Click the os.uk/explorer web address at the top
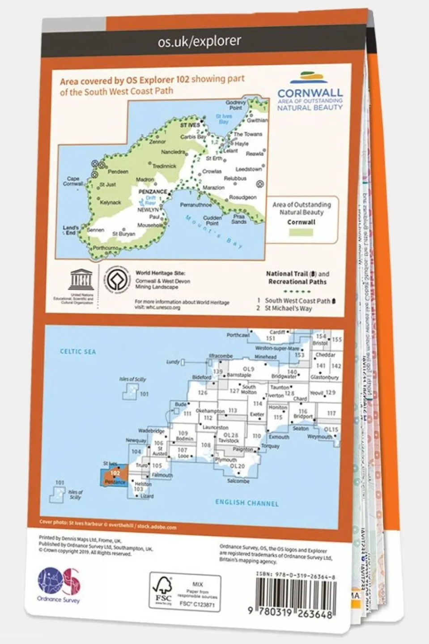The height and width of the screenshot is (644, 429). (x=199, y=42)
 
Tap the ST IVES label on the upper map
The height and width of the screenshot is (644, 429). (x=190, y=125)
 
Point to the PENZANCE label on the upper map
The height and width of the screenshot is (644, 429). (x=153, y=192)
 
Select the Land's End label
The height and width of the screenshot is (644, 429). (x=71, y=230)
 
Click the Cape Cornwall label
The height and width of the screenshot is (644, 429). (x=73, y=181)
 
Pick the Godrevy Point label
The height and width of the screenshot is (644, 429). (x=236, y=105)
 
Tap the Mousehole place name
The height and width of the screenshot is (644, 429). (x=150, y=225)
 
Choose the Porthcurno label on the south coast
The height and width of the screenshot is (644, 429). (x=106, y=247)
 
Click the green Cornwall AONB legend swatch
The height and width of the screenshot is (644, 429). (x=301, y=233)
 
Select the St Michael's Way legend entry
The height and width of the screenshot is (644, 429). (x=288, y=308)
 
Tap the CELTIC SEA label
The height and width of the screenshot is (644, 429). (x=78, y=352)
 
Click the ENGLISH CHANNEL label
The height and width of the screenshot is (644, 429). (x=246, y=503)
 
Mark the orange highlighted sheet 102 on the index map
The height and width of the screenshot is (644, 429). (x=115, y=477)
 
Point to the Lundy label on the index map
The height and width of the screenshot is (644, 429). (x=173, y=362)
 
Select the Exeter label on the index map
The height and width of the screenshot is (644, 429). (x=257, y=414)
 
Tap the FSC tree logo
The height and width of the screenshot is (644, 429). (x=163, y=590)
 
